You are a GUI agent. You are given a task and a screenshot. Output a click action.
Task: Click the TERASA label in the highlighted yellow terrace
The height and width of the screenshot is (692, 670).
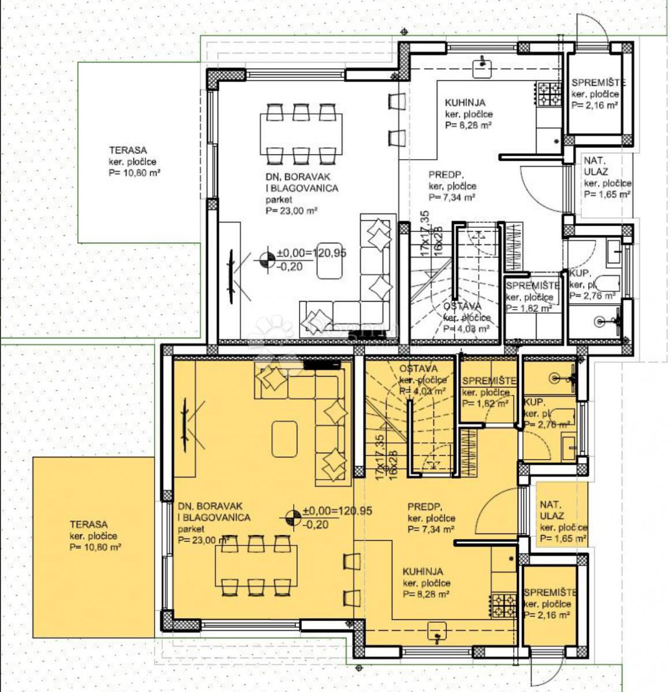coord(88,524)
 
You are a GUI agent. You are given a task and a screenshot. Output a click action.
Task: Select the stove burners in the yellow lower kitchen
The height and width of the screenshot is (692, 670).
coord(504,605)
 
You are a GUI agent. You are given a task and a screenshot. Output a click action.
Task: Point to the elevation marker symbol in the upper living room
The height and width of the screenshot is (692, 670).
coord(267,260)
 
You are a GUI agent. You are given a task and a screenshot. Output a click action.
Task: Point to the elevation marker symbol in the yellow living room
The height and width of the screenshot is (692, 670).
coord(293,516)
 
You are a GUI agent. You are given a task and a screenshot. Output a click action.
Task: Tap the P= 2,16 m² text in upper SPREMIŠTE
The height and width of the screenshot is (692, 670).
coord(595,106)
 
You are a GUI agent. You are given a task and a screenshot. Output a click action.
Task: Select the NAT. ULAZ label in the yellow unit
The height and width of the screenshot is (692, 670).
coord(552,510)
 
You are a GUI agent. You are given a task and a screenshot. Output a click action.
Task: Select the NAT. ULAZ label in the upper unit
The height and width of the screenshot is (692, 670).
coord(595,166)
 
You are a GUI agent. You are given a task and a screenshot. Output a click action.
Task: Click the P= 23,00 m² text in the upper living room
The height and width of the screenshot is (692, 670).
coord(292,211)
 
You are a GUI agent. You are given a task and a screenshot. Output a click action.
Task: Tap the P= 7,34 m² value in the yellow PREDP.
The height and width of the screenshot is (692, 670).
coord(431,529)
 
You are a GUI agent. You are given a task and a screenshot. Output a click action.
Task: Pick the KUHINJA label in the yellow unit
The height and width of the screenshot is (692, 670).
coord(423,571)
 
